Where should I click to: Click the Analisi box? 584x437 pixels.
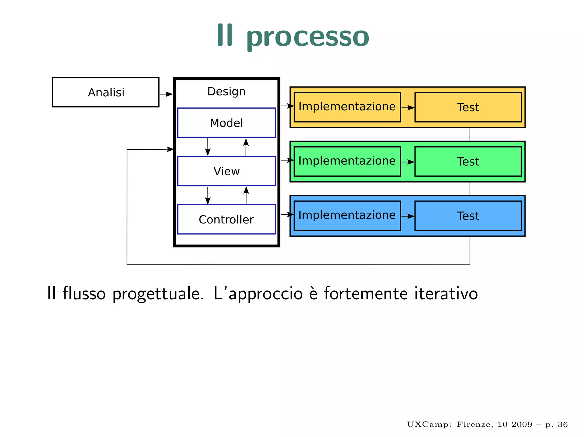click(x=106, y=92)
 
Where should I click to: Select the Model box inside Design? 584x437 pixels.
click(x=226, y=123)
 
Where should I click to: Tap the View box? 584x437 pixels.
click(x=226, y=171)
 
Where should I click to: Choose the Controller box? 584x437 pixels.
click(x=226, y=219)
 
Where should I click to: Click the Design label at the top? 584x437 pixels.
click(x=226, y=92)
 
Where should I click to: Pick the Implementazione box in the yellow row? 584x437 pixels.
click(x=347, y=107)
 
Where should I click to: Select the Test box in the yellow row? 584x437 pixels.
click(x=468, y=107)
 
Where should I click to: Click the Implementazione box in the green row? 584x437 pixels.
click(x=347, y=161)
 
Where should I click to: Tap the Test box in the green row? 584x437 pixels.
click(x=468, y=161)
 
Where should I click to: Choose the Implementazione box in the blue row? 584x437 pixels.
click(x=347, y=216)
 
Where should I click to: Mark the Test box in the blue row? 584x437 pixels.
click(x=468, y=216)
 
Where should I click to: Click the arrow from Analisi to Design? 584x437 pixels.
click(x=166, y=94)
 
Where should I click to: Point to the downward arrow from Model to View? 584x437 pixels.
click(x=208, y=147)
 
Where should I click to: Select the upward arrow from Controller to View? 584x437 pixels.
click(x=246, y=195)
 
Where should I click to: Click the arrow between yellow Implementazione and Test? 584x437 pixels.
click(x=408, y=108)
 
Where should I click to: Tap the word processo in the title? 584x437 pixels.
click(x=308, y=36)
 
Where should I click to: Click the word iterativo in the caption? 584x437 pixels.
click(x=446, y=293)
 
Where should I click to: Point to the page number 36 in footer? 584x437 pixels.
click(x=563, y=424)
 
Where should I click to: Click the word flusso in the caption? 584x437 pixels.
click(x=84, y=293)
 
